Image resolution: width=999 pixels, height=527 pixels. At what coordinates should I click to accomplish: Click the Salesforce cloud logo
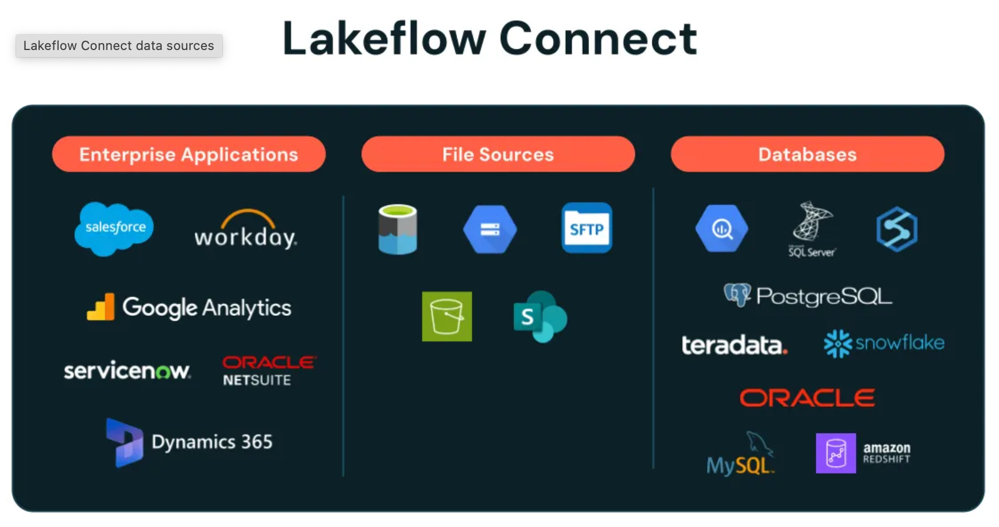[115, 228]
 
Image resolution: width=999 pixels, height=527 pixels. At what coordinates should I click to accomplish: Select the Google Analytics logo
[189, 308]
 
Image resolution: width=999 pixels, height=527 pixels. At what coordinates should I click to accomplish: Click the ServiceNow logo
[127, 371]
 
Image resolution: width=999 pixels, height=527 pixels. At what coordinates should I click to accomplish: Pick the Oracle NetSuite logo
[269, 371]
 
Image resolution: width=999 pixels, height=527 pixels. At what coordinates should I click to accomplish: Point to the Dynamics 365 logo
[190, 442]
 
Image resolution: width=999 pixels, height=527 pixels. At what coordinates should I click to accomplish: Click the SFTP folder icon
[587, 228]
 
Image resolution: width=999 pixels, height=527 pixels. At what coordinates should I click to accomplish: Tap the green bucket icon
[447, 316]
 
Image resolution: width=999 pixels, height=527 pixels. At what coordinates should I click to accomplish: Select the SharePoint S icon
[540, 316]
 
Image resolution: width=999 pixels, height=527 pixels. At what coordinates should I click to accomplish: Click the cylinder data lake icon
[398, 229]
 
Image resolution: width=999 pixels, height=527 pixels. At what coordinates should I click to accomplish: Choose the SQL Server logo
[812, 229]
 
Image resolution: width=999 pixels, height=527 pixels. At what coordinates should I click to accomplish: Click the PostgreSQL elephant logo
[737, 295]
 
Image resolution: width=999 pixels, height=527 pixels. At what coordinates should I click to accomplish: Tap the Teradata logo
[734, 345]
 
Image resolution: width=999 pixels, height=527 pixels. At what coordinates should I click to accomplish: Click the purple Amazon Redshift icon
[836, 453]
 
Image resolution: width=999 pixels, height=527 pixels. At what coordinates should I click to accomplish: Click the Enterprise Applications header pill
[189, 154]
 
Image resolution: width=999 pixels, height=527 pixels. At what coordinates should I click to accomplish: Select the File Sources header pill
[498, 154]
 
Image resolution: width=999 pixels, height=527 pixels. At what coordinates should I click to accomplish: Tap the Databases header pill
[807, 154]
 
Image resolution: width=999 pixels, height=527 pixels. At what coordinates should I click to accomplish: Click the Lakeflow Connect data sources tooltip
[119, 45]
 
